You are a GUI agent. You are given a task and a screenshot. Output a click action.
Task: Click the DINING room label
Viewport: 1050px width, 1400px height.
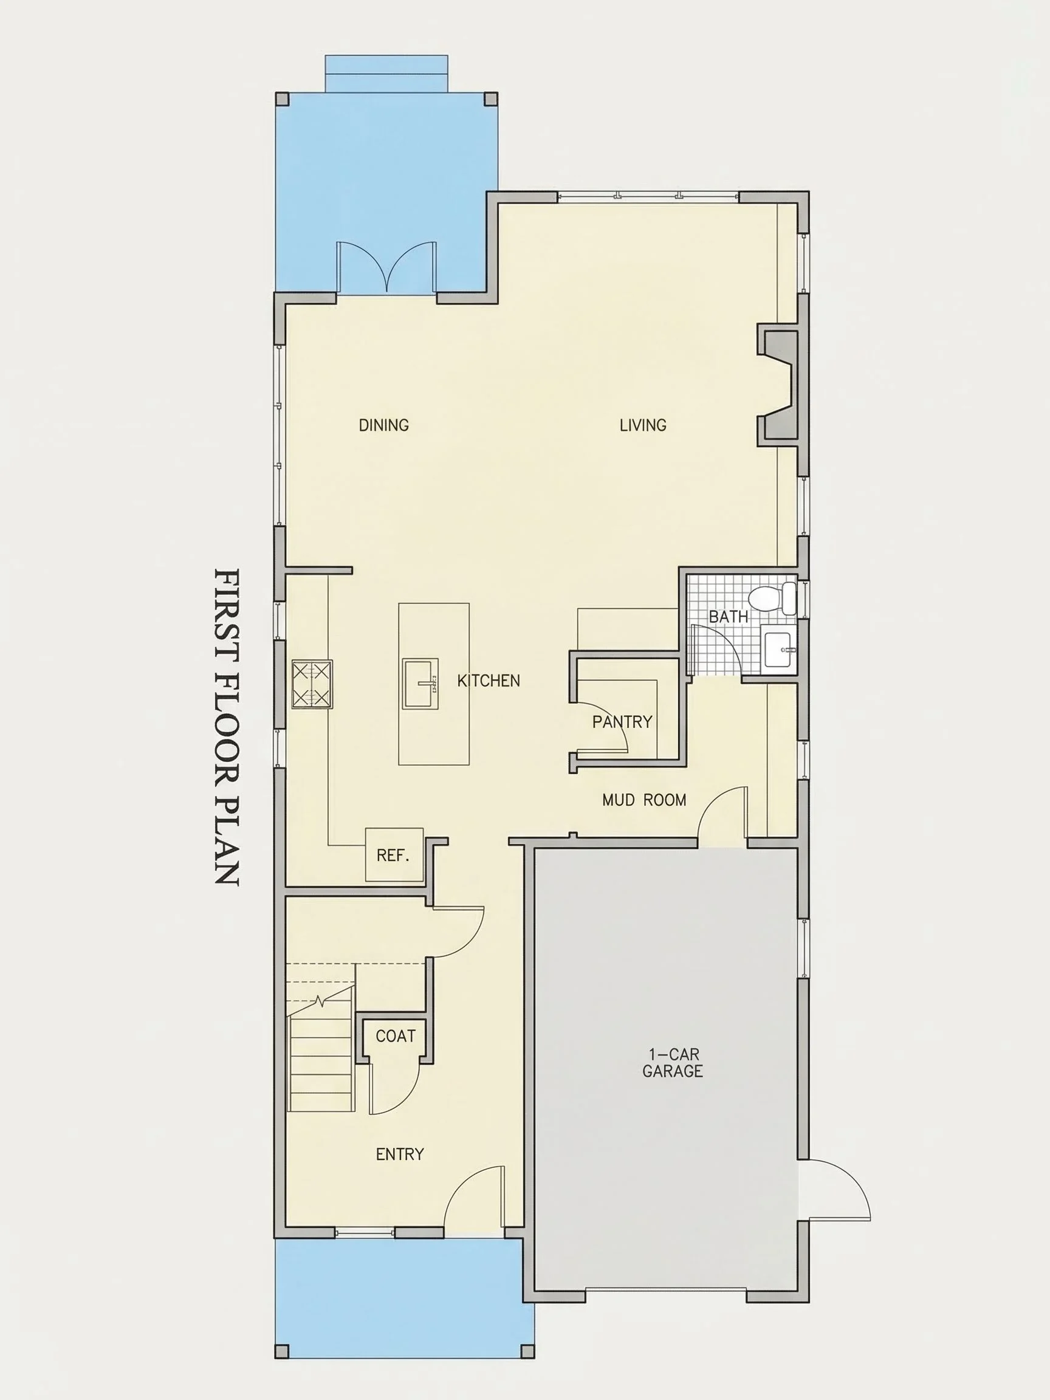[x=383, y=425]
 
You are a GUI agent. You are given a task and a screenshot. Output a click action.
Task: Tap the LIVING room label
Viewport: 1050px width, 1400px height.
[x=642, y=425]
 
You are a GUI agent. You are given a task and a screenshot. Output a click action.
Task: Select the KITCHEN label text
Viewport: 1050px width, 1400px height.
[x=489, y=681]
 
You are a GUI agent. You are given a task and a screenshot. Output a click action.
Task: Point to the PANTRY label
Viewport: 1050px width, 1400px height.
[x=622, y=722]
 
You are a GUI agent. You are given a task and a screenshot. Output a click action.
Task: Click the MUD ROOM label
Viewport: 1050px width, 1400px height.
[x=644, y=801]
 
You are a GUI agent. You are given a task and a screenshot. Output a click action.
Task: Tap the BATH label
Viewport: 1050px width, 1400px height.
[x=728, y=617]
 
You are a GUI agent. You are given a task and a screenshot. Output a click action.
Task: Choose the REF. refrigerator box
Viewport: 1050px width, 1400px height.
[x=394, y=854]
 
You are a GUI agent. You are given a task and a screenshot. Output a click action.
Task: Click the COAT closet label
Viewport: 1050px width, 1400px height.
[x=396, y=1036]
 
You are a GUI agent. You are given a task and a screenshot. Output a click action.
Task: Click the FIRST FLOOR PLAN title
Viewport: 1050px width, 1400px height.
[x=227, y=727]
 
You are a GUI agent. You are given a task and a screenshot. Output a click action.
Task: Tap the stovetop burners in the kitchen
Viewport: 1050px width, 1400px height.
[x=311, y=684]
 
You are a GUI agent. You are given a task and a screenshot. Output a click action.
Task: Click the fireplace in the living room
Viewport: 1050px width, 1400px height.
[x=778, y=384]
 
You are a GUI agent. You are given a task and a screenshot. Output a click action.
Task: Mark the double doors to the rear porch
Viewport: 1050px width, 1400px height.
[x=386, y=267]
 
